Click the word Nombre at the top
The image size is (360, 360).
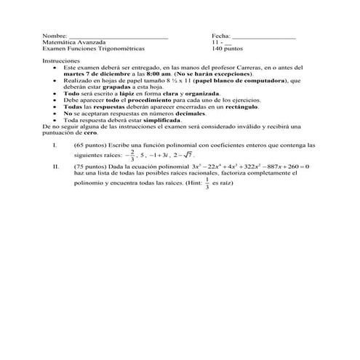click(54, 36)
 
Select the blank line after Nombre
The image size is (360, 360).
click(117, 36)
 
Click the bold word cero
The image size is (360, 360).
click(97, 133)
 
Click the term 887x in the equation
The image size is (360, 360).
click(276, 167)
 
